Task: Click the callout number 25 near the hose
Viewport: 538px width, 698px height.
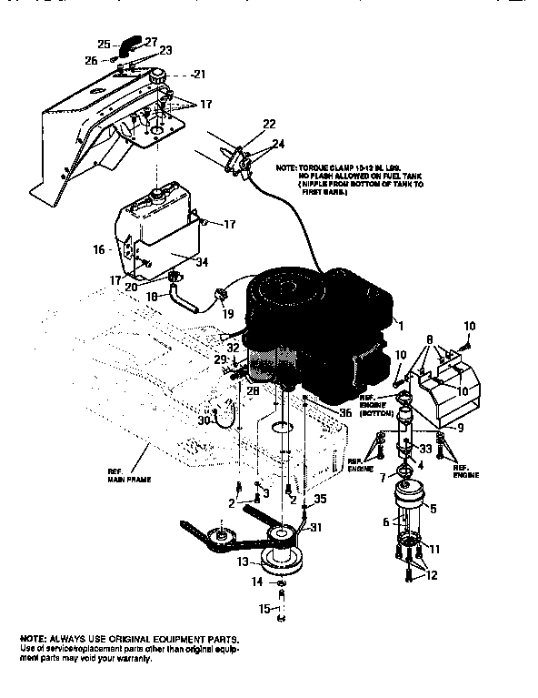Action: [x=104, y=44]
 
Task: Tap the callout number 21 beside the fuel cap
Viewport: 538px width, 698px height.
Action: [x=200, y=74]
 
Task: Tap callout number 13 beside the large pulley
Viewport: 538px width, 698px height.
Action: [x=243, y=562]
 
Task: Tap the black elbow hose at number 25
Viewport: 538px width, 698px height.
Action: [x=133, y=41]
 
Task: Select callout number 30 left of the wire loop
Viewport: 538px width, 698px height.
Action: [x=204, y=420]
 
